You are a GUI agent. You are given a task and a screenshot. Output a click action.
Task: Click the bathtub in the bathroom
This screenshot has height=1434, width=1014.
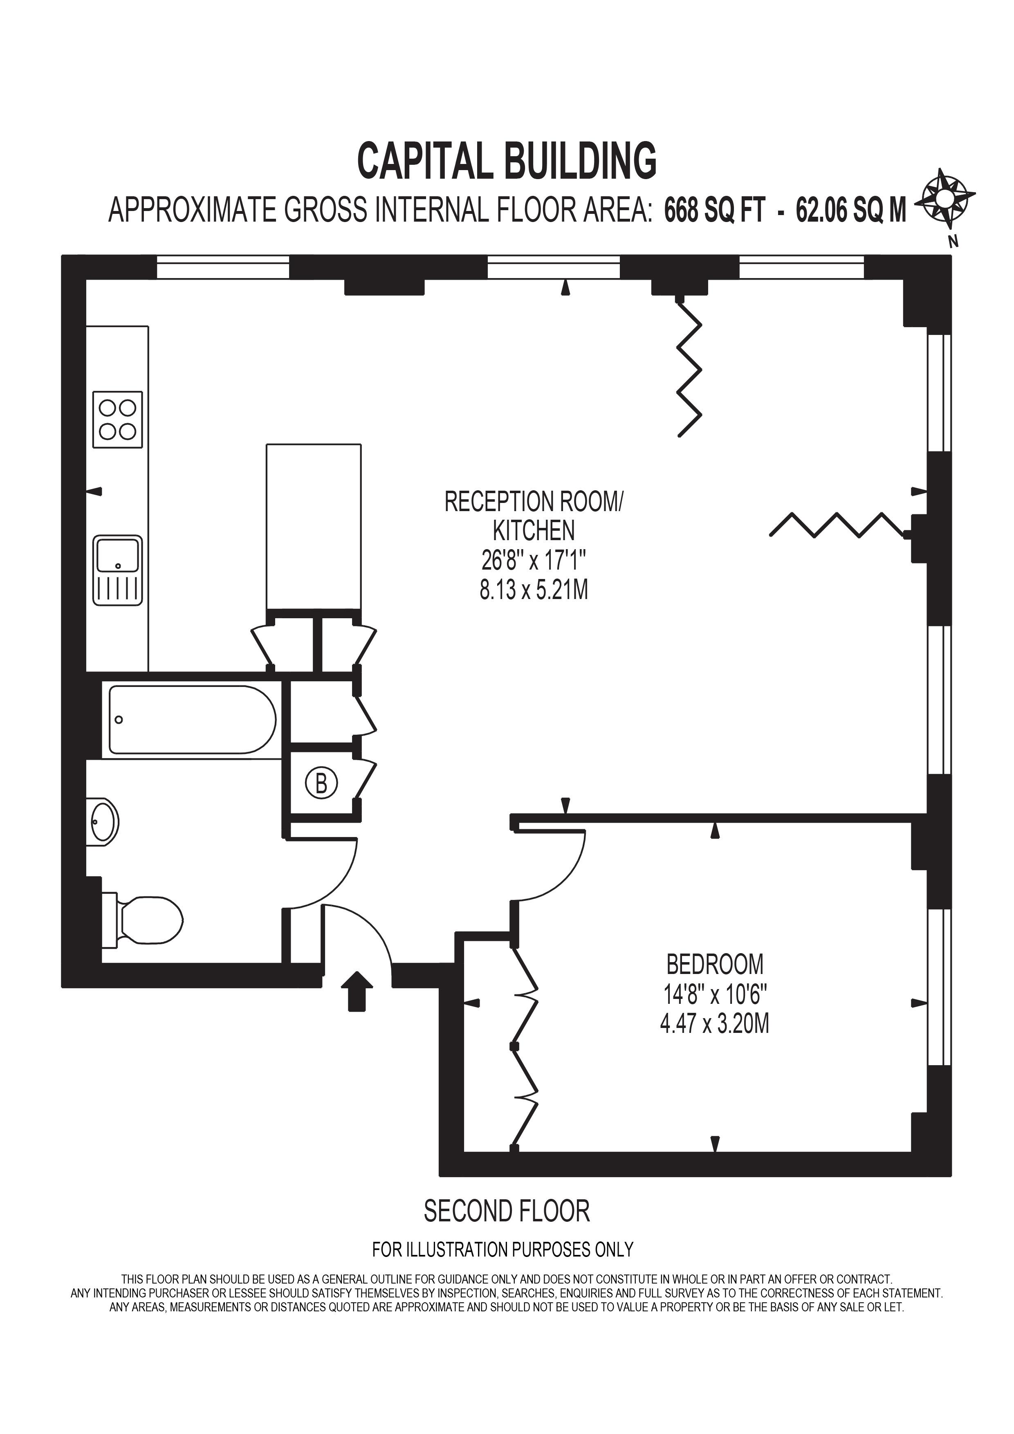[x=192, y=720]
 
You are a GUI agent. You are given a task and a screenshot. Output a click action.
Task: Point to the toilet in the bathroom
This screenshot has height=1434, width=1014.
[x=143, y=920]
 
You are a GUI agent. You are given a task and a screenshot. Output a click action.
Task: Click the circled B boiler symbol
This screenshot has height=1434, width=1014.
[x=321, y=783]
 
